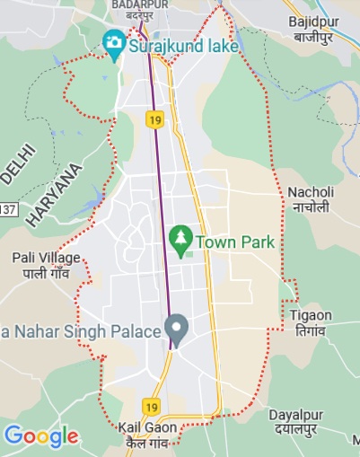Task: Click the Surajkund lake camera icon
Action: coord(114,42)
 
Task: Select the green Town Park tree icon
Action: coord(180,241)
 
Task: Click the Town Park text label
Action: coord(235,242)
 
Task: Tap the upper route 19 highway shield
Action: coord(156,118)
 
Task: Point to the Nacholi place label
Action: coord(311,192)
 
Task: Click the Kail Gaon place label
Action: coord(147,428)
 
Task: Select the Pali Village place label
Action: coord(47,258)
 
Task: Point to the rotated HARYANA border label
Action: coord(55,194)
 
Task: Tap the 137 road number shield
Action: coord(7,209)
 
